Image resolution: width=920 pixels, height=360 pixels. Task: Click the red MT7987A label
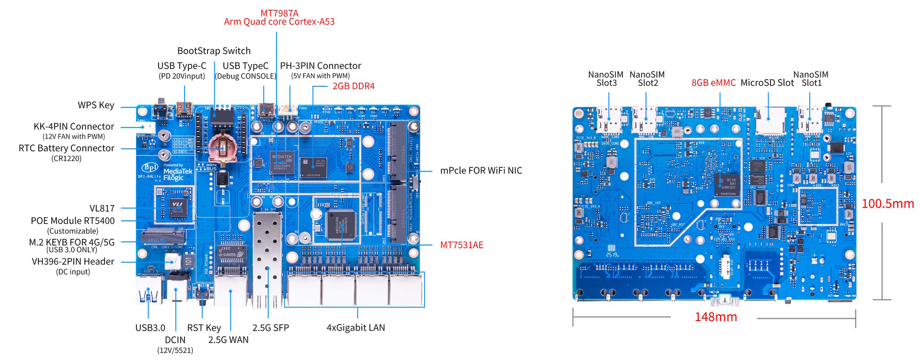(x=279, y=13)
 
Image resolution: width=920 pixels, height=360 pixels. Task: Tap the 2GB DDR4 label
(x=353, y=86)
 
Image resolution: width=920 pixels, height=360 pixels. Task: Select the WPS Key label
(x=96, y=105)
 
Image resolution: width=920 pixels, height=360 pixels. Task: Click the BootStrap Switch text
(x=214, y=51)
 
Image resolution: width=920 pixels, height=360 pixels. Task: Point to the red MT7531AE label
(x=461, y=245)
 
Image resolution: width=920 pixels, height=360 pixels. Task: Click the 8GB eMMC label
(x=713, y=83)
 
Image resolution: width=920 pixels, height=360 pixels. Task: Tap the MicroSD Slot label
(x=767, y=83)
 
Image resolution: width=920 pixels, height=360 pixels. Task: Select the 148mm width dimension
(x=715, y=317)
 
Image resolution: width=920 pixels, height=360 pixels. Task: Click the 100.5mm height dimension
(x=887, y=204)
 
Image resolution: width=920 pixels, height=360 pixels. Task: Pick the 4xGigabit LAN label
(x=356, y=328)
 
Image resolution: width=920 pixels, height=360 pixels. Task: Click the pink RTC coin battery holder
(x=222, y=147)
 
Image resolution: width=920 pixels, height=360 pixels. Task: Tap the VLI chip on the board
(x=176, y=204)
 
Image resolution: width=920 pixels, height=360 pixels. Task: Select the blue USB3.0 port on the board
(x=149, y=290)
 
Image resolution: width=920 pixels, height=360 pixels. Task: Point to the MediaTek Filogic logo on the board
(x=177, y=174)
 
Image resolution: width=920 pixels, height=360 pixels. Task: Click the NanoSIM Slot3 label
(x=606, y=79)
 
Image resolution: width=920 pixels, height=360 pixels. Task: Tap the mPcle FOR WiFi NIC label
(x=481, y=171)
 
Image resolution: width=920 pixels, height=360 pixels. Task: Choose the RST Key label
(x=204, y=328)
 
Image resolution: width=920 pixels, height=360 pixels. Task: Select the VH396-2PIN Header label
(x=73, y=262)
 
